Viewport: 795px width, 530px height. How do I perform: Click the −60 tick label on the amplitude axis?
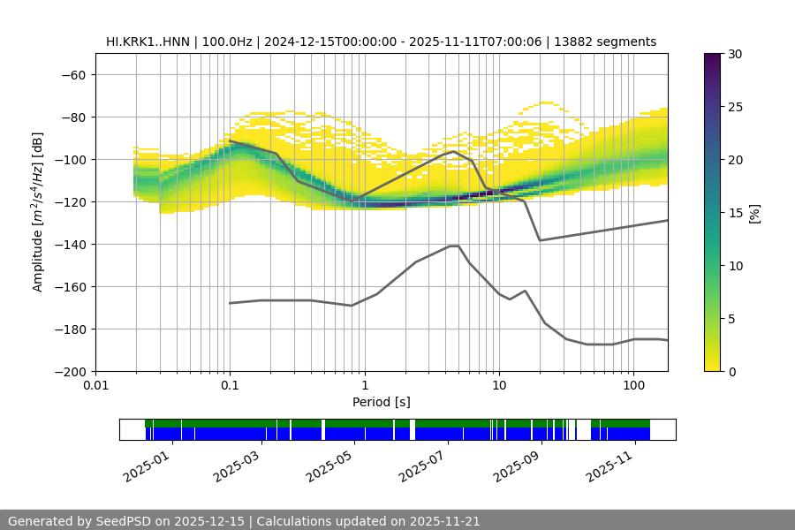click(72, 74)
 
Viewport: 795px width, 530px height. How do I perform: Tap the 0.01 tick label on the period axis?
click(95, 386)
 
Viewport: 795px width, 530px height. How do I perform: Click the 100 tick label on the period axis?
click(633, 386)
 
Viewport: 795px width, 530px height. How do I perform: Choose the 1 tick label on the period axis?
click(364, 386)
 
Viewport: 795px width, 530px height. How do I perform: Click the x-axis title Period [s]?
click(382, 402)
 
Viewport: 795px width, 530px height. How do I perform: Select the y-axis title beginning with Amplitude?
click(38, 212)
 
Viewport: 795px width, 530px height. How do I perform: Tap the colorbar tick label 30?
click(734, 54)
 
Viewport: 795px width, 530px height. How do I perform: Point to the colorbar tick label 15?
click(734, 213)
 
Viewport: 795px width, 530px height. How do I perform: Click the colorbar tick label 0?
click(731, 371)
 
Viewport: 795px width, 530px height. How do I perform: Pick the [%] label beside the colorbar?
click(754, 213)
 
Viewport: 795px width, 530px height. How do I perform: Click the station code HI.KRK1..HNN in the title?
click(148, 42)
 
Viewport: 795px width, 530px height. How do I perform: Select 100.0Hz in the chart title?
click(228, 42)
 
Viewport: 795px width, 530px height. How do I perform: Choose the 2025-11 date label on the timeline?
click(609, 463)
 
